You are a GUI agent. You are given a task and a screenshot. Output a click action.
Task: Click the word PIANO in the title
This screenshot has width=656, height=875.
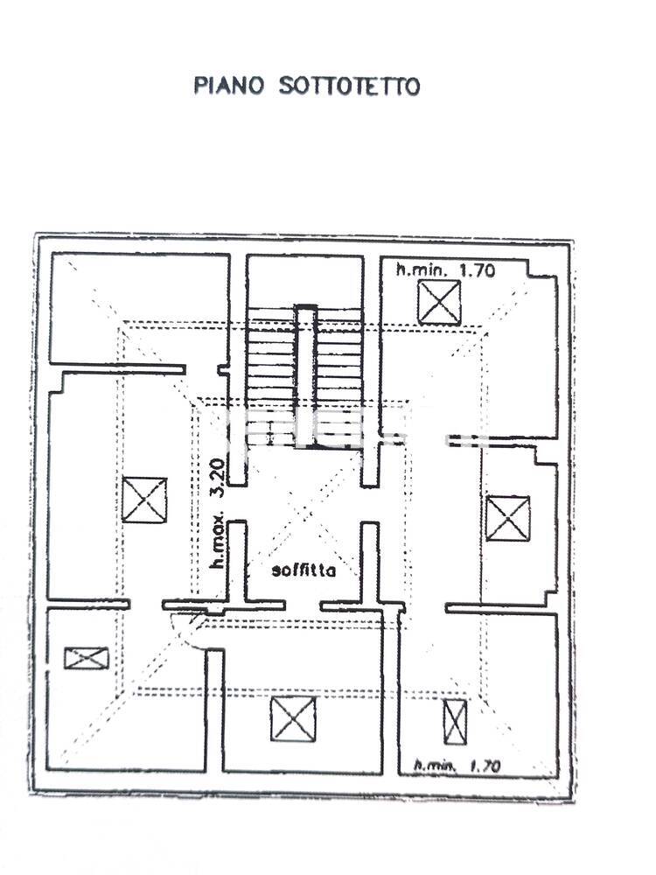228,86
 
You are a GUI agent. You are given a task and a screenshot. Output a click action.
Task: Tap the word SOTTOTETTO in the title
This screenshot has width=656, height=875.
349,87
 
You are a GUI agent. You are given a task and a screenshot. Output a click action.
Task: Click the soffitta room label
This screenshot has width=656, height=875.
304,570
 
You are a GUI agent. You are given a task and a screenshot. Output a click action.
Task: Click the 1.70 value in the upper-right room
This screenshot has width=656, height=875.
477,270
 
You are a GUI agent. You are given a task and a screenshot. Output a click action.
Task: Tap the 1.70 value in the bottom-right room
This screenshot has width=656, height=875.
485,766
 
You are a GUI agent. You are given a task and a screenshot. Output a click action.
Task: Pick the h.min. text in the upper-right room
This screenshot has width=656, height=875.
422,270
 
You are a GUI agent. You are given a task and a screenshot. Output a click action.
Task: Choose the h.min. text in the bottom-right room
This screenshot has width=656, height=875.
435,765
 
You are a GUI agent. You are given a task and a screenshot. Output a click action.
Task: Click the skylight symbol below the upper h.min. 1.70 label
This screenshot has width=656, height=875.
440,303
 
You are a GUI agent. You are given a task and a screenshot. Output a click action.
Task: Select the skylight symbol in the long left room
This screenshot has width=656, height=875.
144,500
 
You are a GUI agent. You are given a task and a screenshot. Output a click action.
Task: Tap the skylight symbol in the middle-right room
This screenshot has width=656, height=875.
507,518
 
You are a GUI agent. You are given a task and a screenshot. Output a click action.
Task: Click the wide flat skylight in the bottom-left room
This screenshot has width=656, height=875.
87,659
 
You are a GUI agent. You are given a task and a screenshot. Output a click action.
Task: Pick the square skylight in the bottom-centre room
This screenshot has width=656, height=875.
293,719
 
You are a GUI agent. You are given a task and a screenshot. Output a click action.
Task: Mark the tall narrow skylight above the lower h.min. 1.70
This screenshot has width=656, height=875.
455,722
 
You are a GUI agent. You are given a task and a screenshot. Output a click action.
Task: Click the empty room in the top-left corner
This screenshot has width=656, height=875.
140,309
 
